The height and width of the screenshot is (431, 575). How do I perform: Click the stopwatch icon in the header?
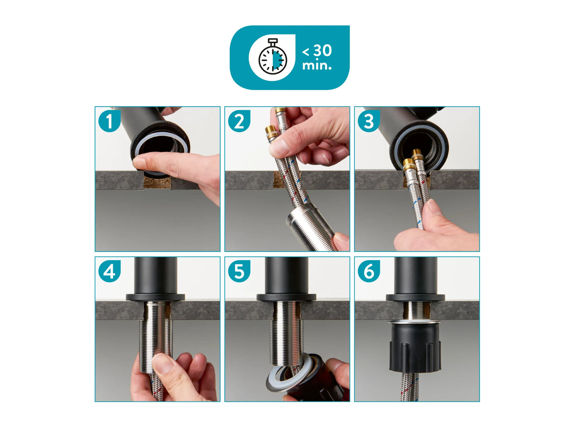click(x=273, y=56)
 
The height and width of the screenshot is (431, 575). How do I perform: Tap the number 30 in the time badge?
click(x=322, y=50)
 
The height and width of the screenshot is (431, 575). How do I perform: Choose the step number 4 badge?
click(x=109, y=271)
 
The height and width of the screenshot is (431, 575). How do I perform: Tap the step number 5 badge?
click(x=239, y=271)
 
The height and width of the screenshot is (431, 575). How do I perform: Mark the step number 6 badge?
click(x=368, y=271)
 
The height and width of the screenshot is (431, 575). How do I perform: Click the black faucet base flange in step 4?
click(x=155, y=297)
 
